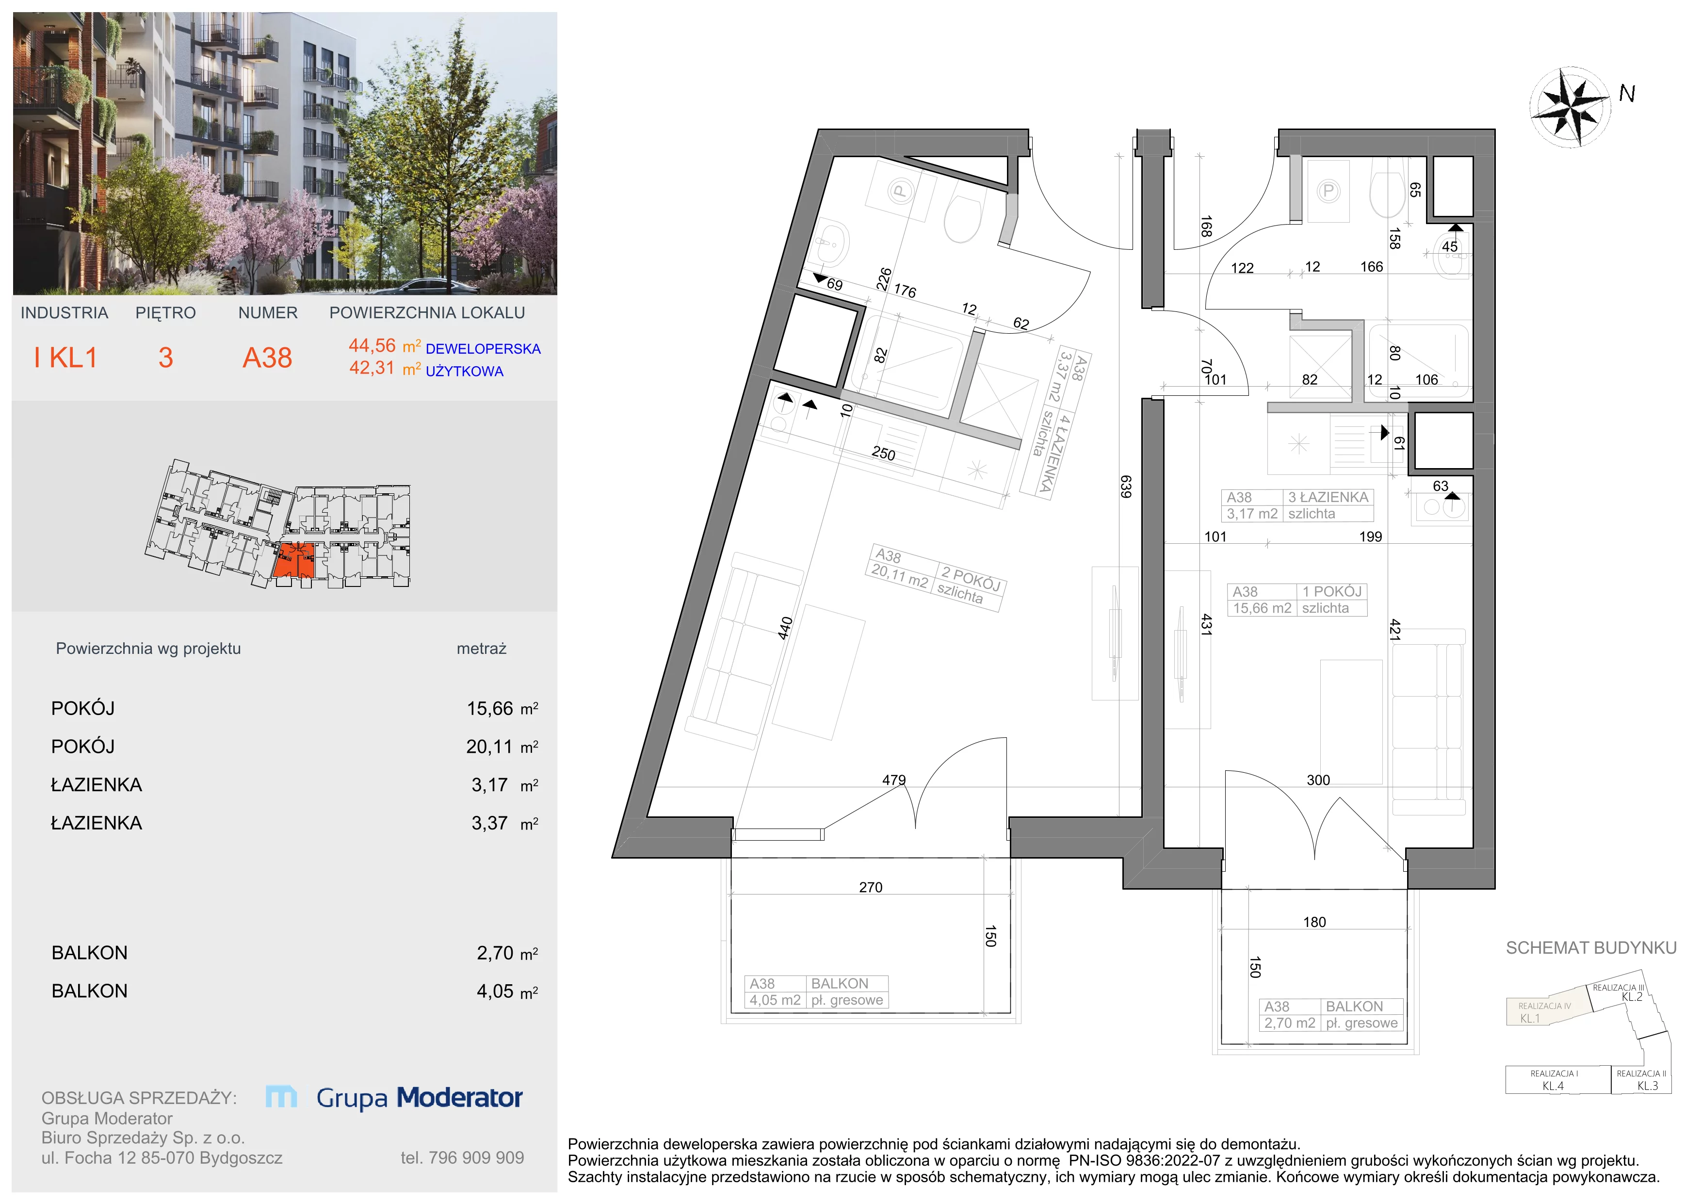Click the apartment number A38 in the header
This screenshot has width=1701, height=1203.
tap(267, 358)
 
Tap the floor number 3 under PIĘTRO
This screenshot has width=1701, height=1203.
tap(165, 358)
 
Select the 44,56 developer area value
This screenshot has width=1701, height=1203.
tap(372, 345)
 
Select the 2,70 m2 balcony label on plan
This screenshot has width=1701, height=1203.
tap(1290, 1023)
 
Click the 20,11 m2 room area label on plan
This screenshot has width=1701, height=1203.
tap(899, 576)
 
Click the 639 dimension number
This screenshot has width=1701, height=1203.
tap(1125, 487)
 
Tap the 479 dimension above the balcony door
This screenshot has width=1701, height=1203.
tap(893, 780)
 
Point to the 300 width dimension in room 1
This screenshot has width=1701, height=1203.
tap(1318, 780)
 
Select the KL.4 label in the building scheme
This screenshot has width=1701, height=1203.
tap(1553, 1086)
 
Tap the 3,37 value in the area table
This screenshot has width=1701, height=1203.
tap(490, 823)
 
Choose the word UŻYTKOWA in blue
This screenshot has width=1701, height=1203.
tap(465, 371)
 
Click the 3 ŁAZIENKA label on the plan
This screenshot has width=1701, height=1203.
tap(1328, 497)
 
